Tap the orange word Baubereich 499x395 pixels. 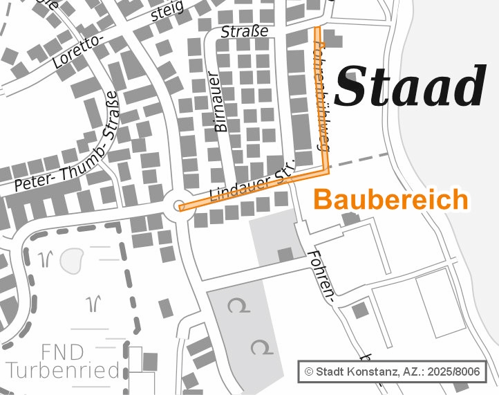click(x=391, y=200)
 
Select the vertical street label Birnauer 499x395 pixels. click(x=220, y=100)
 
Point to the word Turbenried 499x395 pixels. click(x=63, y=370)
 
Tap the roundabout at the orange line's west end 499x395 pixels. click(x=180, y=205)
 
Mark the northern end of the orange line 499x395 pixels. click(x=318, y=30)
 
